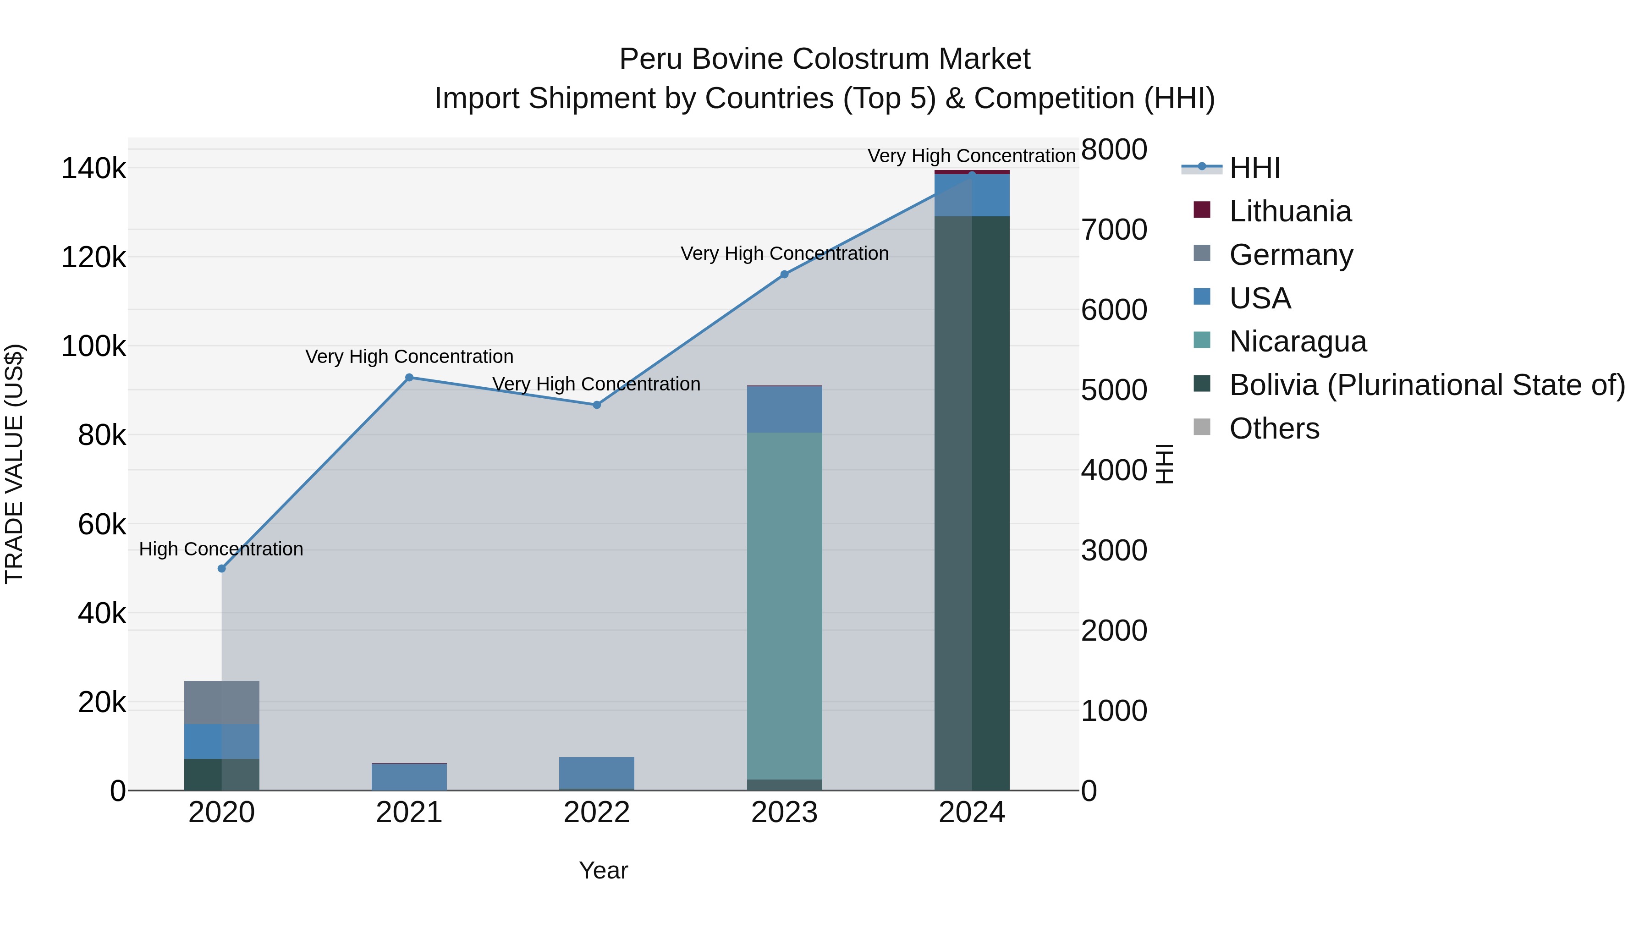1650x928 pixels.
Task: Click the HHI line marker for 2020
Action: click(222, 569)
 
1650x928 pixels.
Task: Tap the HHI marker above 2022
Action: click(596, 405)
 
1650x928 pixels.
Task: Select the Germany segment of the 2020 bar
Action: click(222, 703)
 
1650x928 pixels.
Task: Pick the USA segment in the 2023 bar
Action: click(784, 409)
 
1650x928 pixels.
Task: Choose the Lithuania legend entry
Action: click(1290, 211)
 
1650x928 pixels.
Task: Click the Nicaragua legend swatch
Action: click(1202, 340)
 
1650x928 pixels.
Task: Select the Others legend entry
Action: click(1274, 428)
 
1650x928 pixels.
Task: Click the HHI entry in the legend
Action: click(1254, 168)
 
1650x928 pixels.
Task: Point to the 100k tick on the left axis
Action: click(93, 347)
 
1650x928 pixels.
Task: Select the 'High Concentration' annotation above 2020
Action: click(221, 549)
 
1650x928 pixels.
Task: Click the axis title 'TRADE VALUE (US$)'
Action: click(14, 464)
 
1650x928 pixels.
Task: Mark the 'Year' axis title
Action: click(603, 870)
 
